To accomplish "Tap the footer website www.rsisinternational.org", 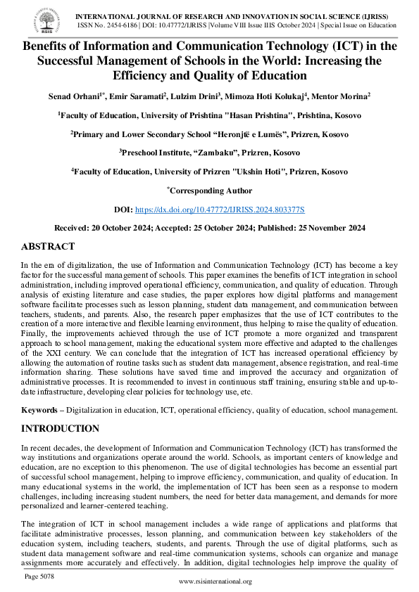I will [x=215, y=581].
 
